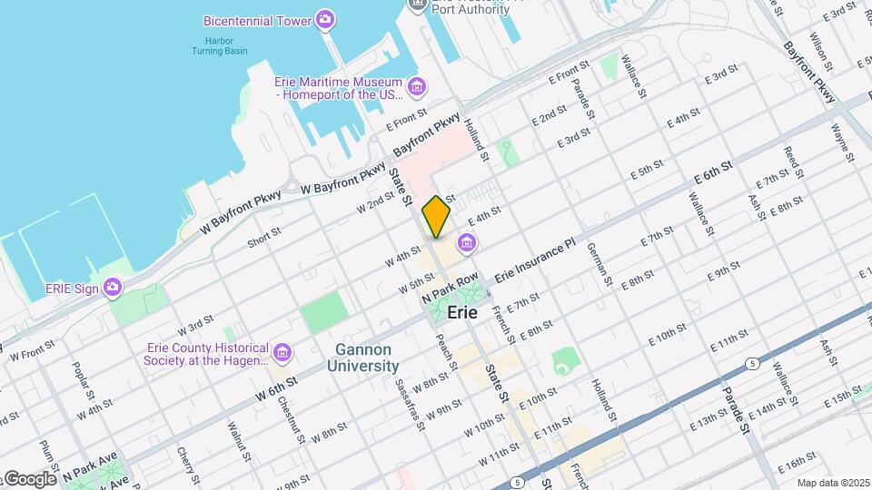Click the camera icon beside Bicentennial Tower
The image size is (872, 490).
point(325,19)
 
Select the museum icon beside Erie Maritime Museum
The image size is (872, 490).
point(416,87)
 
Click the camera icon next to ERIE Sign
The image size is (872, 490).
point(112,288)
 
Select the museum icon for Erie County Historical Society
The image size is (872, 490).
point(282,351)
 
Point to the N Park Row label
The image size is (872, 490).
point(450,289)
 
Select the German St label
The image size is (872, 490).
point(600,264)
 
